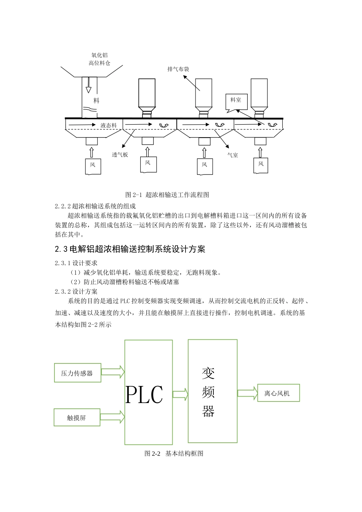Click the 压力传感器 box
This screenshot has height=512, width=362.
click(x=77, y=373)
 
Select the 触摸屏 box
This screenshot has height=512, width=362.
click(x=77, y=418)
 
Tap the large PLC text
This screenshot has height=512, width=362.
click(x=144, y=395)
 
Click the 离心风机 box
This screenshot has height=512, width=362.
click(x=278, y=393)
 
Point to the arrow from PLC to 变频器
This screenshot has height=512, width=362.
click(x=180, y=394)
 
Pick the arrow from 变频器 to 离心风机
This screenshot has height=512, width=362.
click(x=247, y=394)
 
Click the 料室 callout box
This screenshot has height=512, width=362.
click(x=236, y=101)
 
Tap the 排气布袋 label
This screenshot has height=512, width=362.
click(x=178, y=69)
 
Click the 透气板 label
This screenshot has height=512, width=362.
click(x=120, y=155)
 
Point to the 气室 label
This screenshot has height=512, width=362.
click(x=232, y=155)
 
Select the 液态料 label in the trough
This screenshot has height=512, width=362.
click(x=109, y=125)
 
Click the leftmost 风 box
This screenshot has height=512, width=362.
click(x=93, y=166)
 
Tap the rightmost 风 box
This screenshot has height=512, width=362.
click(x=261, y=165)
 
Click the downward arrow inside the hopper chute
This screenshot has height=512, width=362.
click(x=89, y=85)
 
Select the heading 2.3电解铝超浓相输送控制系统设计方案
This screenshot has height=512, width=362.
click(x=130, y=249)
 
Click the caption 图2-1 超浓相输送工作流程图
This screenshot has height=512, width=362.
click(x=167, y=195)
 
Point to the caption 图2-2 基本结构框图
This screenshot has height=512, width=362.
click(x=174, y=453)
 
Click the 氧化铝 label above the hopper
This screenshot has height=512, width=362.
click(x=99, y=55)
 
